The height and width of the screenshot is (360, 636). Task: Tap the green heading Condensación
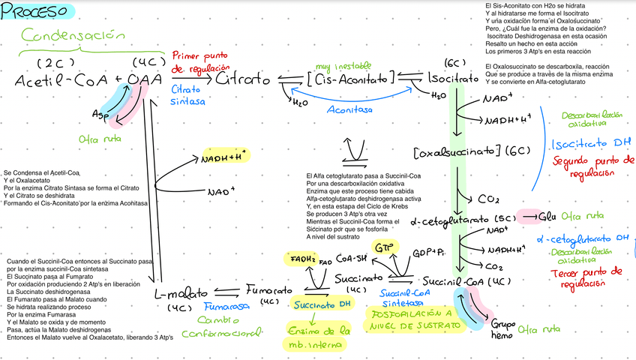pyautogui.click(x=73, y=35)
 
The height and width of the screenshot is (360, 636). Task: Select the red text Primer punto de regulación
pyautogui.click(x=201, y=62)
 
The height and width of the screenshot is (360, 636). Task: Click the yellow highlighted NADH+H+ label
pyautogui.click(x=226, y=157)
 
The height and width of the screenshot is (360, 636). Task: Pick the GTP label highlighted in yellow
pyautogui.click(x=384, y=247)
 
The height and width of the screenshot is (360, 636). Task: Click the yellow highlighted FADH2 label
pyautogui.click(x=303, y=259)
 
